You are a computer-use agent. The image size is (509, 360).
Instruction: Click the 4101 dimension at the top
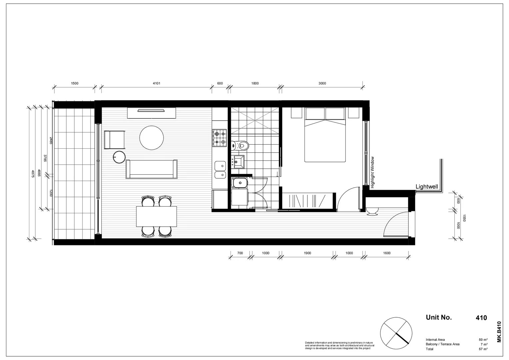[x=156, y=83]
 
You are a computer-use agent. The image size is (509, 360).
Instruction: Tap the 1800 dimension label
[x=255, y=83]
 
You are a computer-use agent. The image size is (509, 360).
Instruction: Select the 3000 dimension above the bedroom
[x=322, y=83]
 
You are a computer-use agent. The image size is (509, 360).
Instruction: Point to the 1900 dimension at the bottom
[x=307, y=253]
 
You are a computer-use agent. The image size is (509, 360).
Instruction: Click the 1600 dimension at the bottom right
[x=386, y=253]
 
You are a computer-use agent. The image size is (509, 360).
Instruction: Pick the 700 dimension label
[x=240, y=253]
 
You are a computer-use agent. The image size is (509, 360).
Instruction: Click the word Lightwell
[x=427, y=187]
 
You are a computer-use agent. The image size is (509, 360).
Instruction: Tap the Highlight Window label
[x=373, y=172]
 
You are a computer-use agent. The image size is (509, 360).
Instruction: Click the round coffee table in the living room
[x=152, y=138]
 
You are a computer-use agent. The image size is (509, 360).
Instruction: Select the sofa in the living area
[x=152, y=169]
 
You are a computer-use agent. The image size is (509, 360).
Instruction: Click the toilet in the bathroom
[x=241, y=145]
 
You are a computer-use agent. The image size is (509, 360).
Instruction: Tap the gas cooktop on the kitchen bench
[x=219, y=138]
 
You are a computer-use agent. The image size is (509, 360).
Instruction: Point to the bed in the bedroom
[x=325, y=137]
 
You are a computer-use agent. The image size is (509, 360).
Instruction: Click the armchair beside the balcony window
[x=114, y=140]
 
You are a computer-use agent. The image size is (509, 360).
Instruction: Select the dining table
[x=156, y=216]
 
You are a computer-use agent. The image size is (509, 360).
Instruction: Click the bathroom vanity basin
[x=239, y=162]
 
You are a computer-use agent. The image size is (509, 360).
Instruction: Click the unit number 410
[x=481, y=318]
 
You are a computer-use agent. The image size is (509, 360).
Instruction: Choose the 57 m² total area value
[x=483, y=349]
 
